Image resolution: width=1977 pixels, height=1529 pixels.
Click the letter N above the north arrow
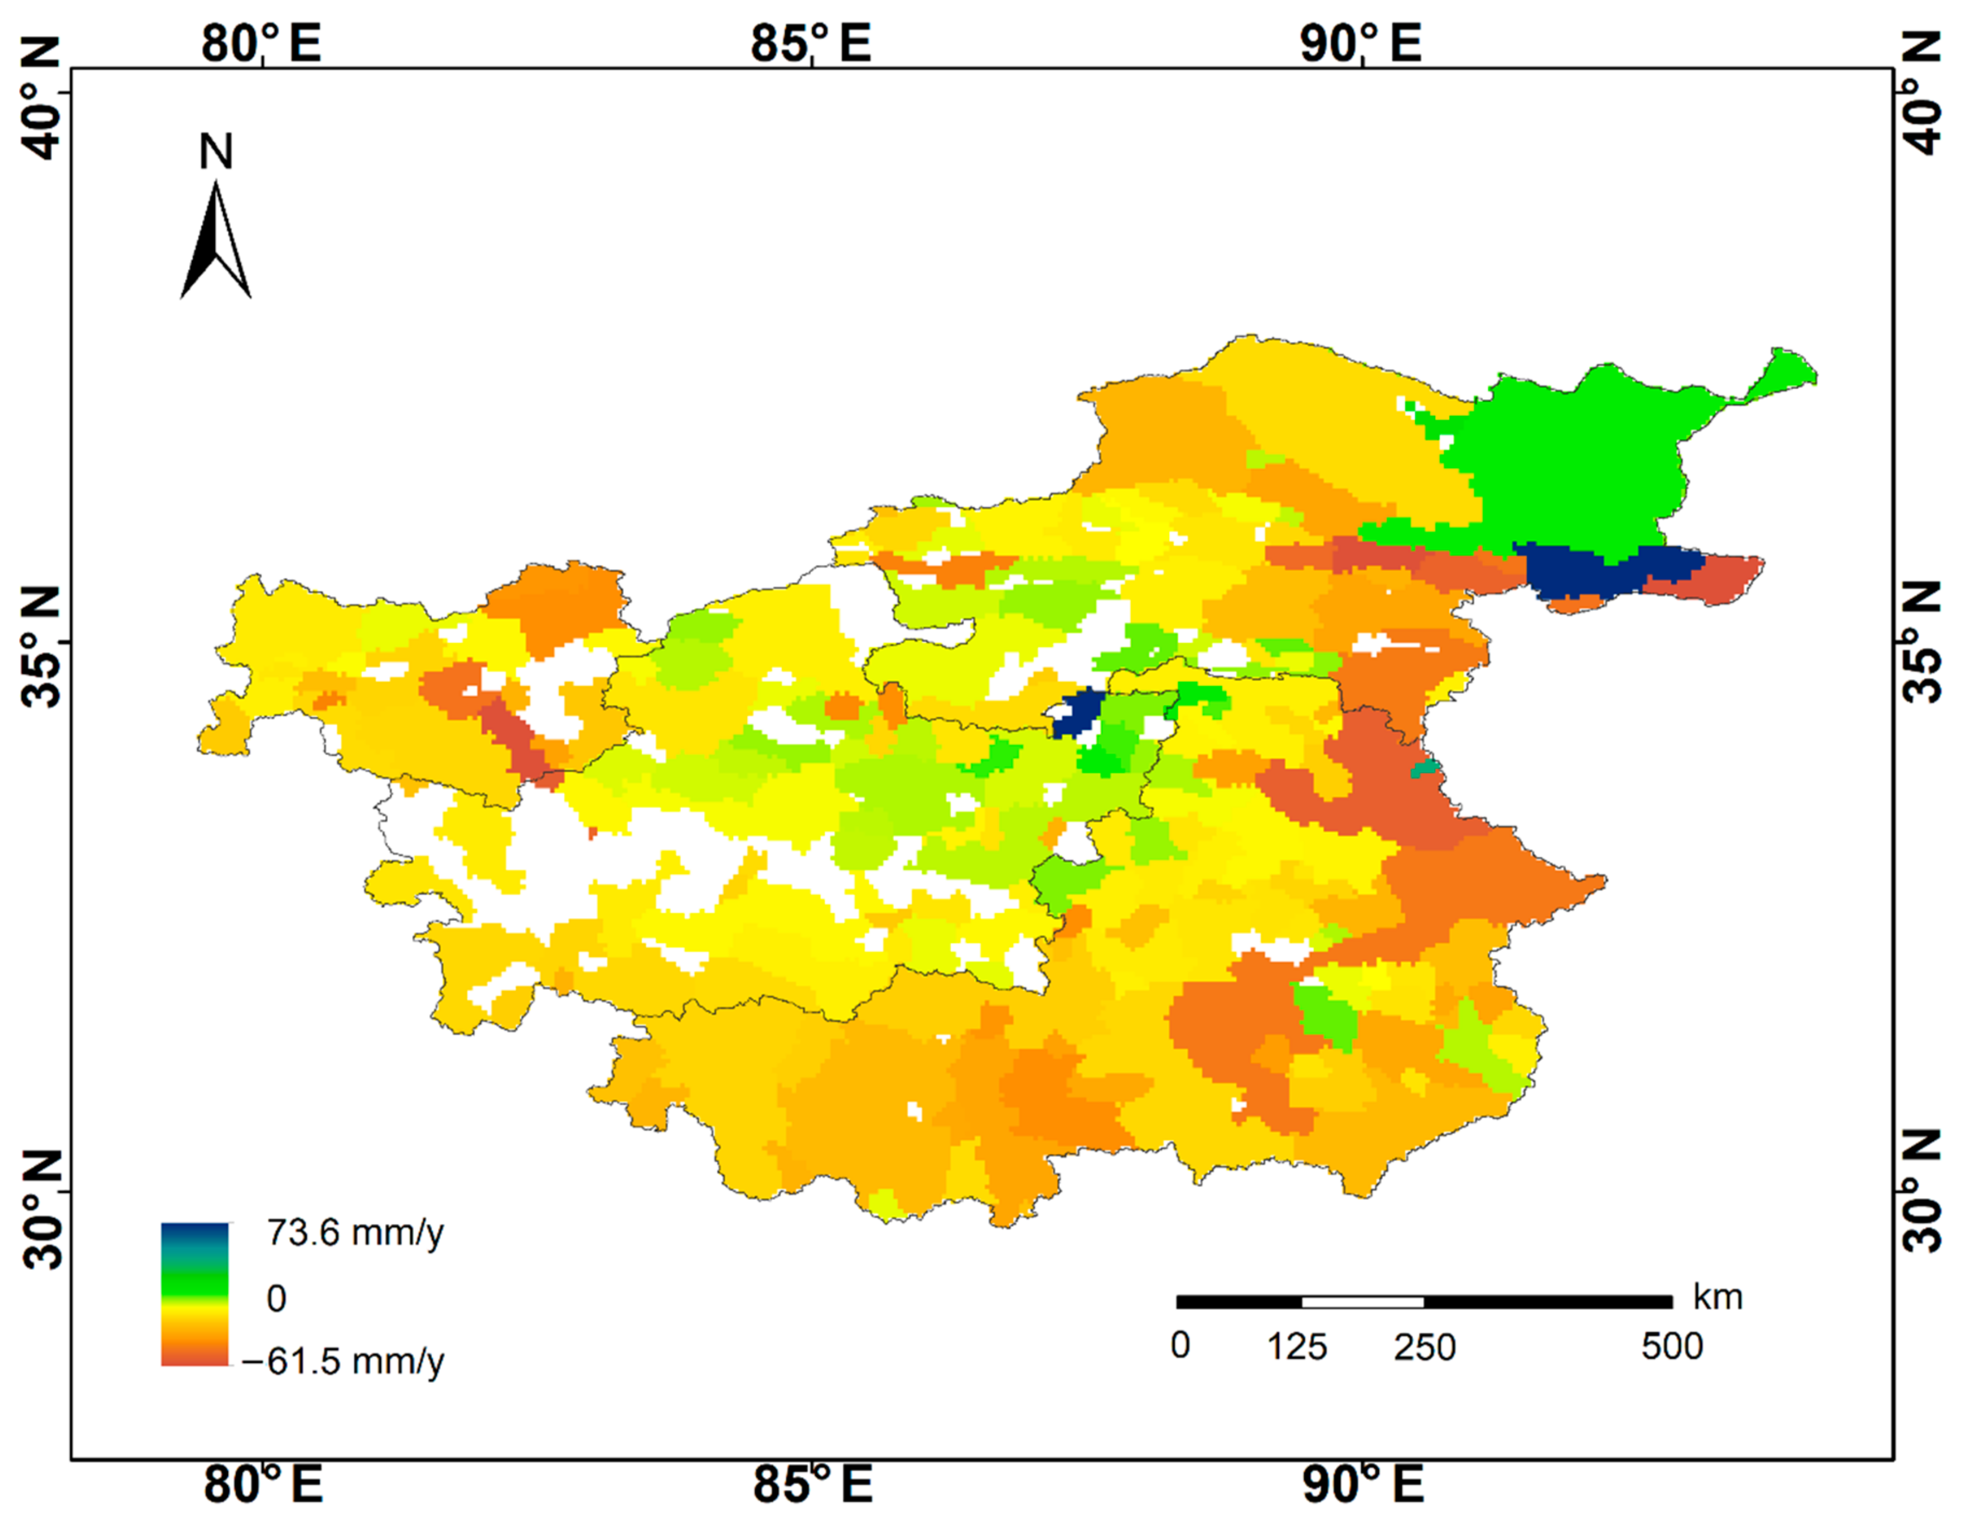pos(215,152)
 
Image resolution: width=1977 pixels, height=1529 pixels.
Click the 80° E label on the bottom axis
pos(263,1485)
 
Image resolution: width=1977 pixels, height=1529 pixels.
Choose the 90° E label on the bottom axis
pos(1362,1485)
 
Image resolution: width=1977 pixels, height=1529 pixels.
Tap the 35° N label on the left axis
pos(41,644)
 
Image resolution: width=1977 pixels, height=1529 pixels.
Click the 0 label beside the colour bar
pos(277,1298)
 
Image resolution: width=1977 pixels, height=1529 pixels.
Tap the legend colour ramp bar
pos(194,1294)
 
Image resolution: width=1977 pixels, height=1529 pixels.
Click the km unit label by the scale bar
pos(1717,1297)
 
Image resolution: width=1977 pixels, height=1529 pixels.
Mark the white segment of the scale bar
pos(1362,1302)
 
